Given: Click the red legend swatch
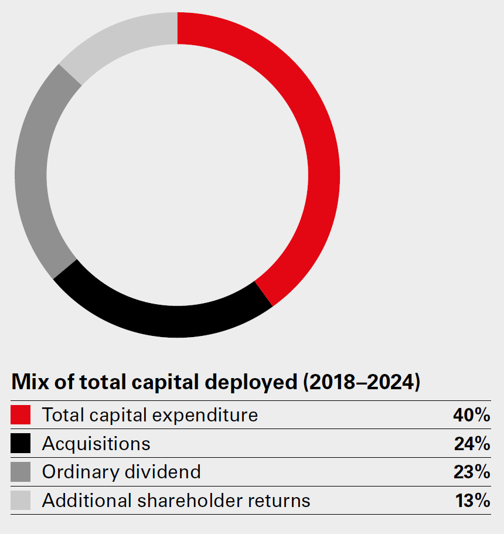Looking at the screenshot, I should click(21, 415).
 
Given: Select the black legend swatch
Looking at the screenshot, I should click(21, 444).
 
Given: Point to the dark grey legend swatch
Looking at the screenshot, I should click(21, 472).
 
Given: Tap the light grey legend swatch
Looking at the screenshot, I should click(21, 501).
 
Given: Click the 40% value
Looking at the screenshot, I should click(471, 415).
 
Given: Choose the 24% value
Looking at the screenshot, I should click(472, 444).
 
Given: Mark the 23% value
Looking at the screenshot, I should click(472, 472).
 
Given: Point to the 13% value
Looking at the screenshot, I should click(472, 501).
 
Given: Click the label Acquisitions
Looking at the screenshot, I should click(96, 444).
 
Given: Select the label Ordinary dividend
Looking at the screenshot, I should click(121, 472).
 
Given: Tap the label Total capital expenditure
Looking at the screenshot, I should click(150, 415).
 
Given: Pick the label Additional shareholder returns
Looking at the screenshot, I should click(176, 501).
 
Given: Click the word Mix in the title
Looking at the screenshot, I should click(28, 382).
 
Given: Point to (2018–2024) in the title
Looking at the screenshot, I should click(362, 382).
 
